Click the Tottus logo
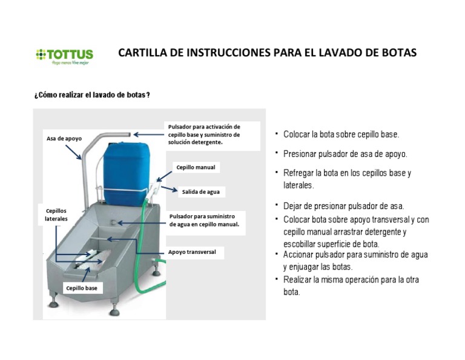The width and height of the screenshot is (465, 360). [64, 56]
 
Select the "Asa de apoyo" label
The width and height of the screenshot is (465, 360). [64, 139]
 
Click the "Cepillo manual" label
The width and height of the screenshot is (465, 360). [196, 167]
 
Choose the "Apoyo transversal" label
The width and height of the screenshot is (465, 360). [192, 252]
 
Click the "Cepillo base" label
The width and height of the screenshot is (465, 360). [82, 288]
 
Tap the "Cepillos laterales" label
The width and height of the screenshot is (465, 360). [56, 214]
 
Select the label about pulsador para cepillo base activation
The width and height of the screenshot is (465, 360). [203, 134]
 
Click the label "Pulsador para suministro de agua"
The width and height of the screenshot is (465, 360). [204, 219]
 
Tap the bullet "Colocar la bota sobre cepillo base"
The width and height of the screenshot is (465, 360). [341, 135]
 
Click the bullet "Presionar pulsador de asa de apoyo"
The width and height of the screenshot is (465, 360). [345, 154]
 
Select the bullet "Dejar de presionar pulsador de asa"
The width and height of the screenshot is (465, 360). [343, 206]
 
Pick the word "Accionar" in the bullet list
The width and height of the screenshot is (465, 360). [300, 255]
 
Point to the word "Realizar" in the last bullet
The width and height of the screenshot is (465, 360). [298, 280]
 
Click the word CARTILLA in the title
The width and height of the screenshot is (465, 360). [143, 53]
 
